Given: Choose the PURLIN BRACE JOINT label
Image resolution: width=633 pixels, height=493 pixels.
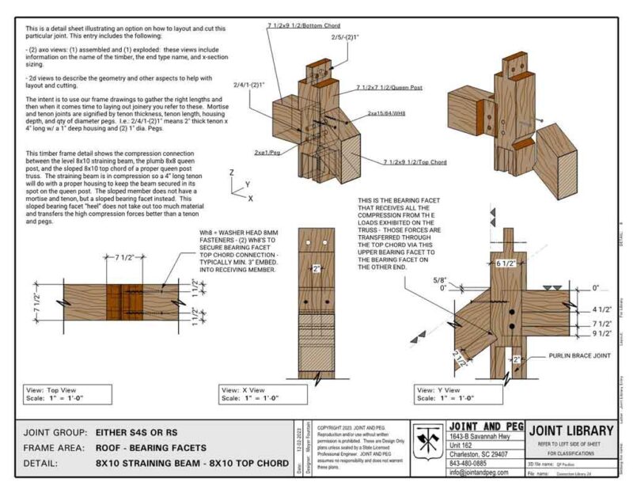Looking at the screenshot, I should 580,357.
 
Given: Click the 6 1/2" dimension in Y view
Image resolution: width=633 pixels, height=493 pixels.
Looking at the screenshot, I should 506,262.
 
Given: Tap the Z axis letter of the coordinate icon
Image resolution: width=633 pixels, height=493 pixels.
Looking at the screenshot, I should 229,172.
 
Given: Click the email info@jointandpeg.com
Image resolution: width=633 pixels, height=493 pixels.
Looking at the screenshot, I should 482,472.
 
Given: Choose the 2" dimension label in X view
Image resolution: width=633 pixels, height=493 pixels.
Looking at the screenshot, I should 316,268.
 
